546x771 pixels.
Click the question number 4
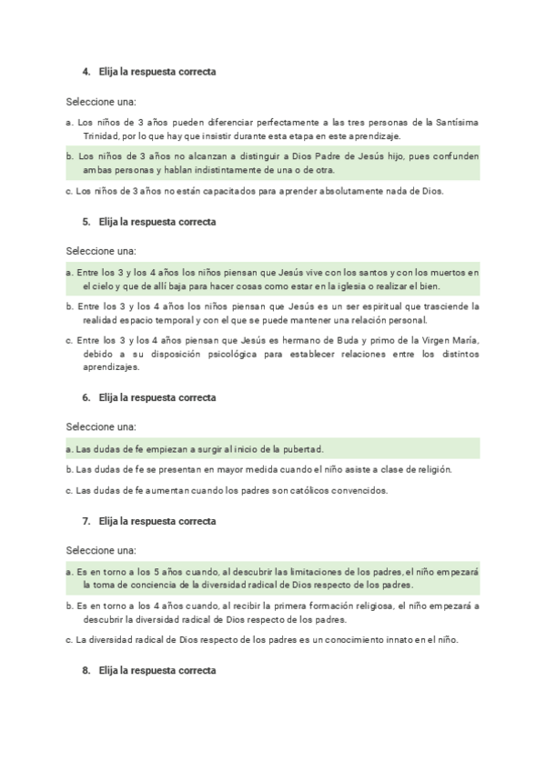coord(86,71)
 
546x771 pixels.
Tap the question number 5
coord(86,221)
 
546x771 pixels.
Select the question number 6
coord(86,397)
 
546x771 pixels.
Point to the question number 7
coord(86,521)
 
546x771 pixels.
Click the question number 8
coord(86,670)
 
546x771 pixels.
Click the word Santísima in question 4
coord(458,122)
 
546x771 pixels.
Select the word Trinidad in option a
coord(99,135)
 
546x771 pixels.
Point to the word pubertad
coord(300,448)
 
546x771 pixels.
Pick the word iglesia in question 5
coord(342,285)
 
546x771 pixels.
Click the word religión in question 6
coord(432,469)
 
